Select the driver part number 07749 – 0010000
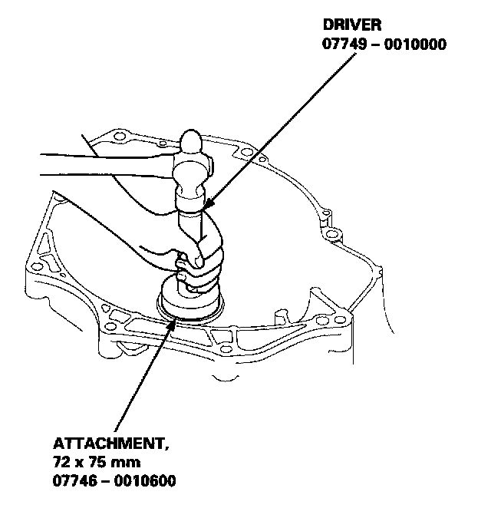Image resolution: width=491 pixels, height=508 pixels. tap(384, 45)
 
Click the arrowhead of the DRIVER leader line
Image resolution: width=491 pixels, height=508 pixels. tap(206, 207)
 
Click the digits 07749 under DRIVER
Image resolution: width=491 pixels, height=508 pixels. tap(341, 45)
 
